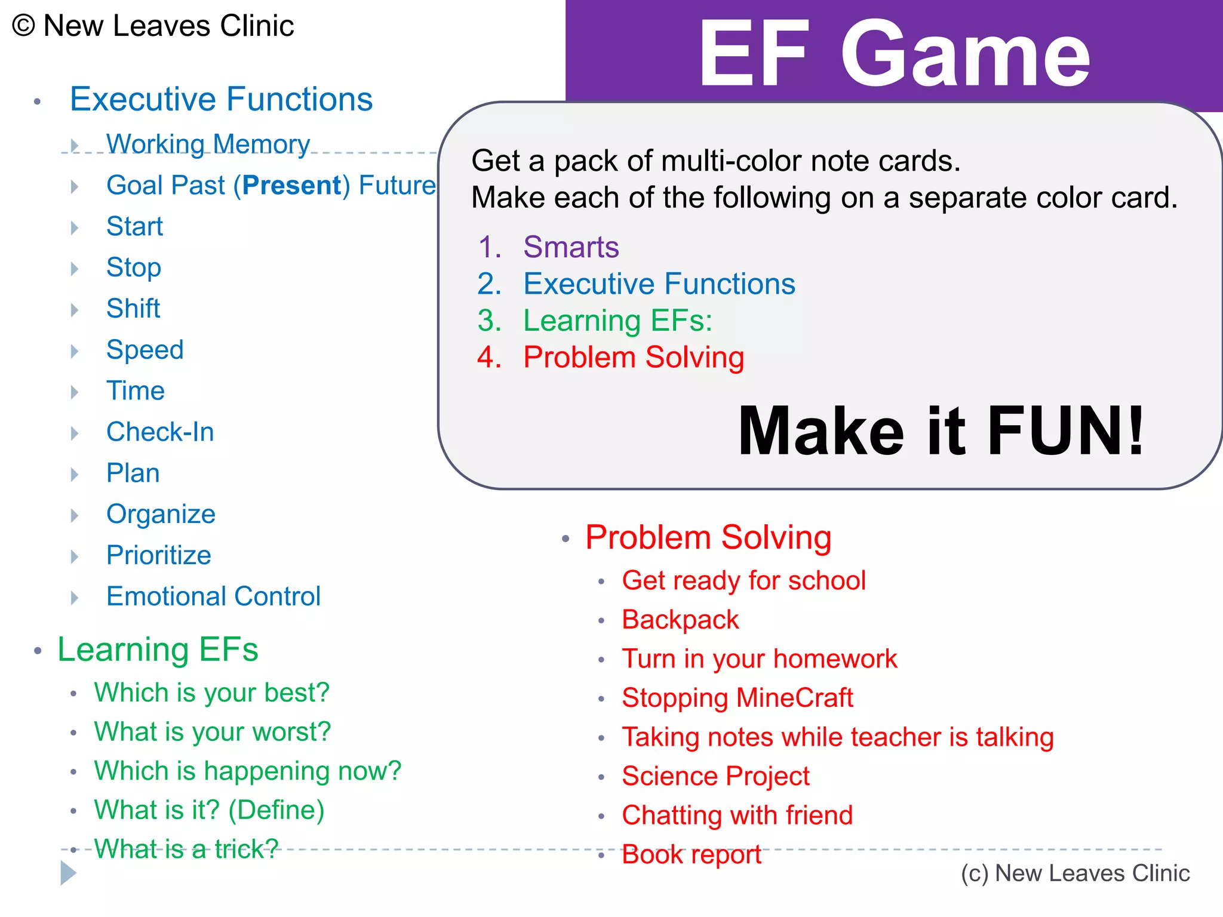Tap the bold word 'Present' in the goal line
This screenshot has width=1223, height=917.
coord(292,186)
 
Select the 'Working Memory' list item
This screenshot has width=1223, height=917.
coord(208,144)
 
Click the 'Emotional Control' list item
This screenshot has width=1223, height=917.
coord(213,596)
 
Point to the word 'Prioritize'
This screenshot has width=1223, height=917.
coord(159,555)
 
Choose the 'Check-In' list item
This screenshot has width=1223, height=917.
coord(160,432)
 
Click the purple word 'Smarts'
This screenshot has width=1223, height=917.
coord(571,247)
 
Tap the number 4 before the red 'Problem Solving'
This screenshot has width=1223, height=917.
coord(488,358)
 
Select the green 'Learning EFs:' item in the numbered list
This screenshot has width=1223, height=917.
coord(617,321)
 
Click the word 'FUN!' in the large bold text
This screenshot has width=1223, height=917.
coord(1066,431)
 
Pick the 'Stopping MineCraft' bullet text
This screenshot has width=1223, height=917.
coord(737,698)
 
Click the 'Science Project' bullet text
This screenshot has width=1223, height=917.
coord(715,776)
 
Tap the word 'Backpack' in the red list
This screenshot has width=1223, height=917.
coord(680,620)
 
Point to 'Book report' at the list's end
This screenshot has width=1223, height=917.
coord(692,855)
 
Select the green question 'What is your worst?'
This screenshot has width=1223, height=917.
coord(212,732)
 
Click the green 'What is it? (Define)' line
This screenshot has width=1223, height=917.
coord(209,810)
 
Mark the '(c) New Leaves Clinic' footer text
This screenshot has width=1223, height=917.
coord(1075,873)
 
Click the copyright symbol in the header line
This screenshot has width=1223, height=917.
coord(23,26)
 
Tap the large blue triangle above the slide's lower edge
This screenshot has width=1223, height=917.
coord(68,873)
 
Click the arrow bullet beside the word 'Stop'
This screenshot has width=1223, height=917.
coord(75,269)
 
